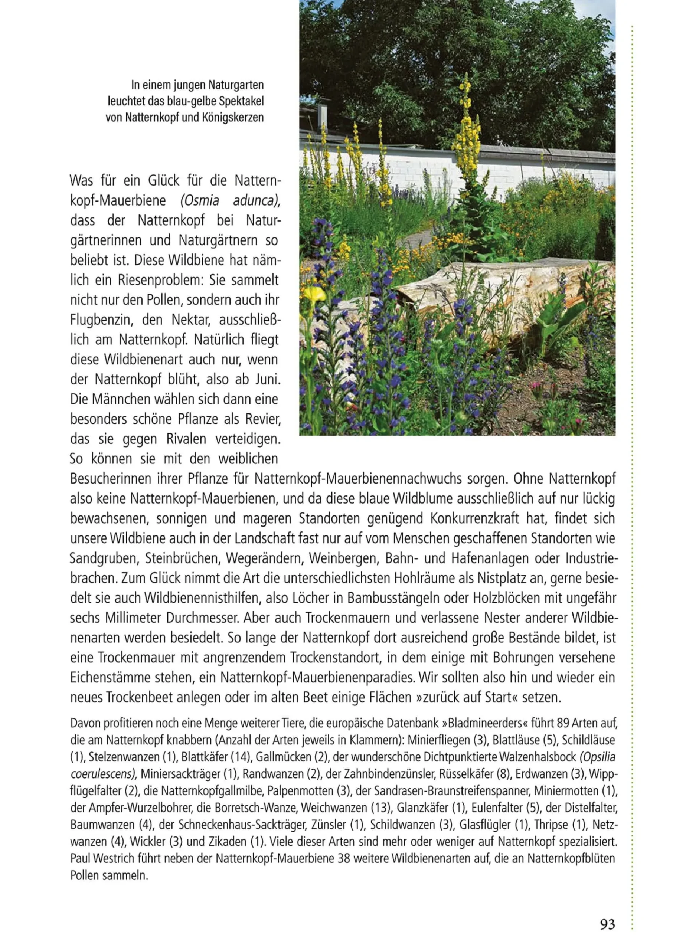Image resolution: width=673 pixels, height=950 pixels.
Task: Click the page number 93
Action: [x=608, y=924]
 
